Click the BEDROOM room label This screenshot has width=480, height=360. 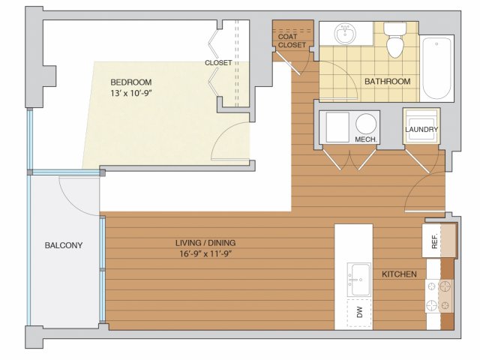[x=131, y=82]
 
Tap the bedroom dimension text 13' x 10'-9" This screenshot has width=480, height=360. [x=131, y=93]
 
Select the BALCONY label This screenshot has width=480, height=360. [x=64, y=245]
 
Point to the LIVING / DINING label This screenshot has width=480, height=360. [x=205, y=243]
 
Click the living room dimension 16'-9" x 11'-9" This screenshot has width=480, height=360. [x=205, y=253]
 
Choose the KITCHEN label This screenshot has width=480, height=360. [x=399, y=274]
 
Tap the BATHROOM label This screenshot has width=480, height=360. [x=387, y=82]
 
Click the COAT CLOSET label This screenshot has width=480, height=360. [x=292, y=40]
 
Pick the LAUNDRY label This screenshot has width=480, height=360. [x=421, y=130]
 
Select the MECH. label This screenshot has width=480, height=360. [x=366, y=139]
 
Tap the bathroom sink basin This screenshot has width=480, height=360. [x=345, y=34]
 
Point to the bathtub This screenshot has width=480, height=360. [x=436, y=68]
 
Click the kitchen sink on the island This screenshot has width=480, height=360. [x=358, y=280]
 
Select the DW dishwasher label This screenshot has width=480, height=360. [x=360, y=312]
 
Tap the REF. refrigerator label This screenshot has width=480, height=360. [x=434, y=241]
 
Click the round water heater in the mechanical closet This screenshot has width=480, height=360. [x=366, y=124]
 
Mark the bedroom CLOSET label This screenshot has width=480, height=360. [x=218, y=63]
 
